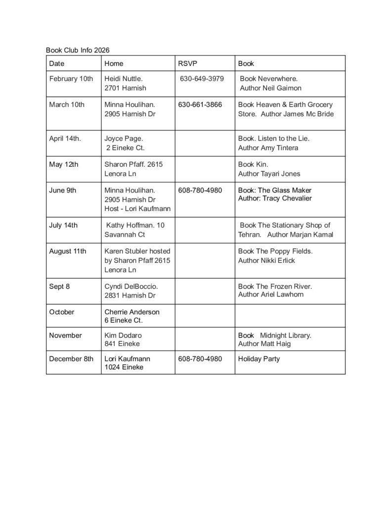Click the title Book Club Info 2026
pyautogui.click(x=78, y=50)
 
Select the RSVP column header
pyautogui.click(x=187, y=63)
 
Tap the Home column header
pyautogui.click(x=114, y=63)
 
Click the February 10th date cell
pyautogui.click(x=71, y=79)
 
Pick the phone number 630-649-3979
pyautogui.click(x=202, y=79)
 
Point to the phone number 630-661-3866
pyautogui.click(x=200, y=104)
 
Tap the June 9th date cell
pyautogui.click(x=63, y=190)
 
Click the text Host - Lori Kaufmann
pyautogui.click(x=137, y=209)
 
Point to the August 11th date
pyautogui.click(x=67, y=251)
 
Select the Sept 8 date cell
pyautogui.click(x=59, y=286)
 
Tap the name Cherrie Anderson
pyautogui.click(x=132, y=312)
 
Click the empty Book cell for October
pyautogui.click(x=290, y=316)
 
